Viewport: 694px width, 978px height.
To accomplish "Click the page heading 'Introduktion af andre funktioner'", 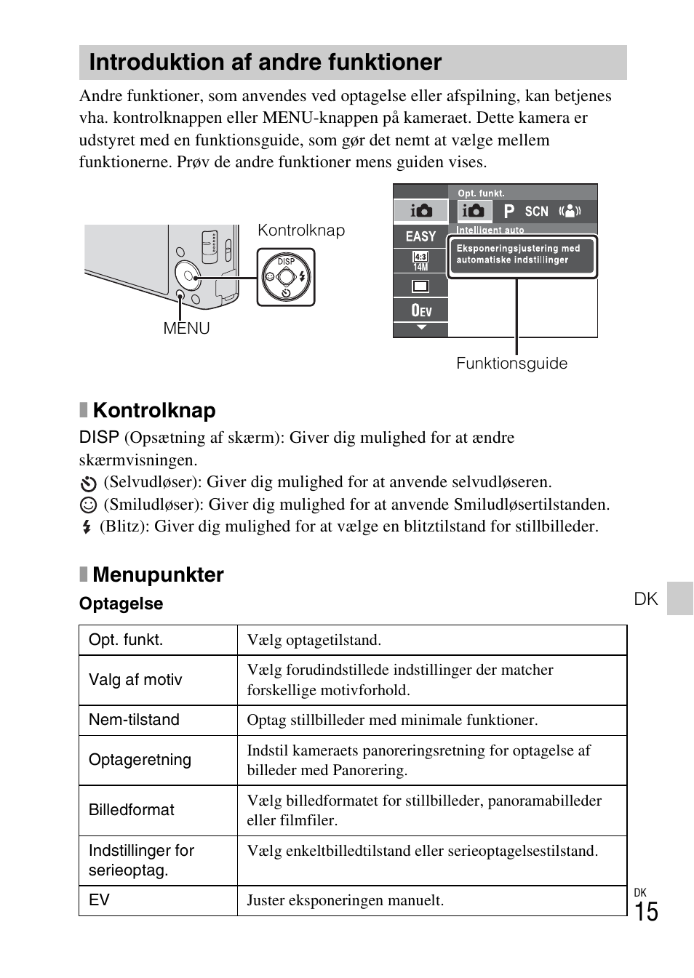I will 265,63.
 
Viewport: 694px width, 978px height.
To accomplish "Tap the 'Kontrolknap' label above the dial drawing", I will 300,231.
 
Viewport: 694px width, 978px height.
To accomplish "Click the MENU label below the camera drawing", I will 186,328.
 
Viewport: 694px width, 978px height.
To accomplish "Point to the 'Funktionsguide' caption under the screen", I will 511,363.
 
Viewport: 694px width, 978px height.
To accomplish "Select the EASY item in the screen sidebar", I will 420,236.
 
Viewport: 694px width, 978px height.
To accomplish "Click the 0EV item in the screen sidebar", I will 421,310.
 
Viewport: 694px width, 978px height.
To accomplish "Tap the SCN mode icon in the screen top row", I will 536,212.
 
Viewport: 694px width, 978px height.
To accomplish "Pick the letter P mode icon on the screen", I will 508,212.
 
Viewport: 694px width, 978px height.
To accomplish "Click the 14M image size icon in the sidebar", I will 420,261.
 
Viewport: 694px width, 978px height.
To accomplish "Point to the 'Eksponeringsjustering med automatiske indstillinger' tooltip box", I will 522,254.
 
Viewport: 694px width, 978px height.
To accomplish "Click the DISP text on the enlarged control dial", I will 286,262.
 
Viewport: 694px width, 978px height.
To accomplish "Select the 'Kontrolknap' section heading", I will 153,410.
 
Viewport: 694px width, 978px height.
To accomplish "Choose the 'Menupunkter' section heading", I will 158,574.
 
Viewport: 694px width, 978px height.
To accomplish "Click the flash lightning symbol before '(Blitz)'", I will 87,526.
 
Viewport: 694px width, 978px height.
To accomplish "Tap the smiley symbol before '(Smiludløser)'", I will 87,505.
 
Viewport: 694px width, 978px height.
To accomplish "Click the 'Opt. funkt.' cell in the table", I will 126,640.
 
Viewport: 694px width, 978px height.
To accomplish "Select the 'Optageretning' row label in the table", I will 140,760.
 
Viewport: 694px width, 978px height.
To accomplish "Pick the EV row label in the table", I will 99,900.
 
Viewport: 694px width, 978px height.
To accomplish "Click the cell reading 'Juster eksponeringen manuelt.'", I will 345,900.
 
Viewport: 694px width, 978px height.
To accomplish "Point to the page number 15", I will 646,912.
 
